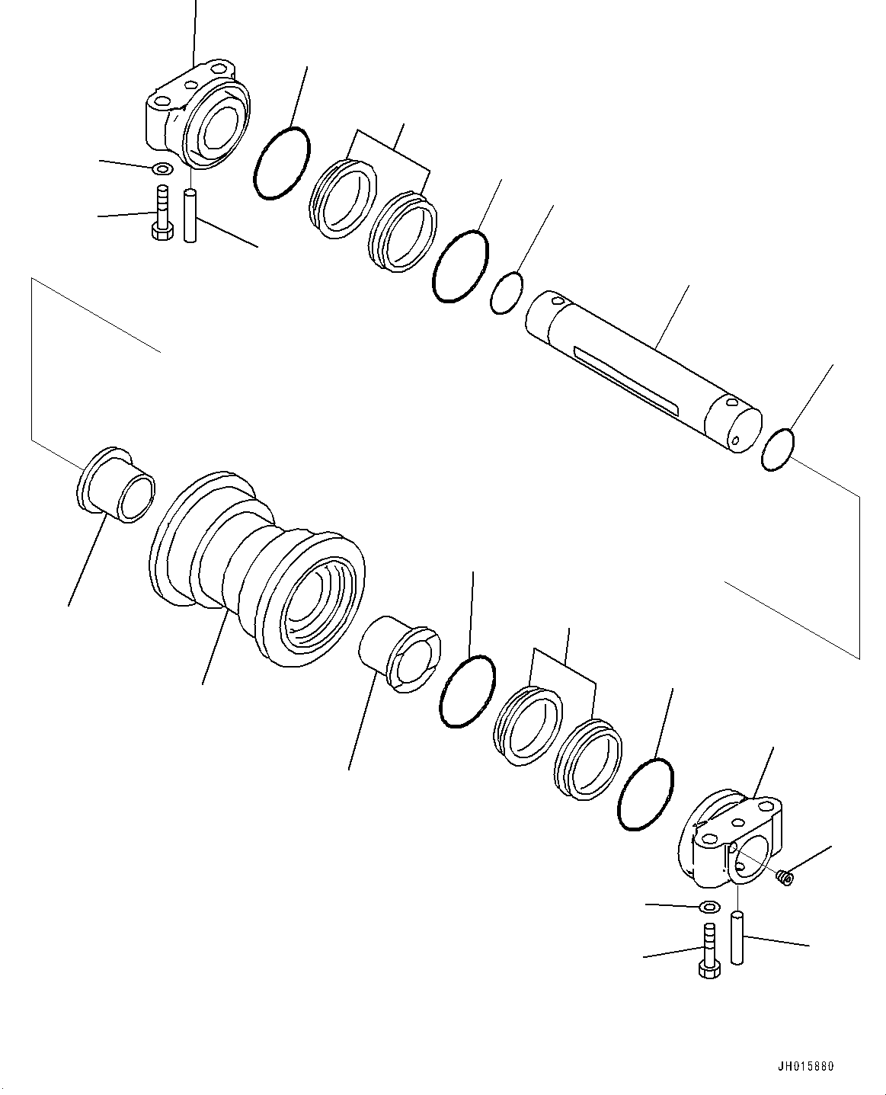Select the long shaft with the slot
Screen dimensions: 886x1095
click(x=644, y=372)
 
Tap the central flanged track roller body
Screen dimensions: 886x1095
click(x=257, y=568)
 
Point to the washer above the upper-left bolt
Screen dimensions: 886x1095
click(x=164, y=168)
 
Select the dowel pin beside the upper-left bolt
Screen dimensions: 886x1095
click(x=190, y=216)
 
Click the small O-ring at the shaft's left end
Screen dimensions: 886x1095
click(x=506, y=293)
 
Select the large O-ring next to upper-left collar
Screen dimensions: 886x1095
click(x=282, y=162)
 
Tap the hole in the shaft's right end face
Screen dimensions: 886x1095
click(x=735, y=440)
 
